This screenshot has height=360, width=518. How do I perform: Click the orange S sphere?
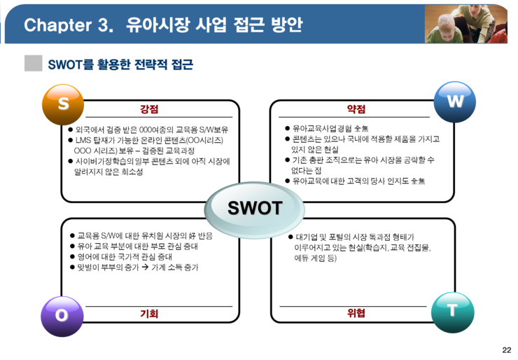63,104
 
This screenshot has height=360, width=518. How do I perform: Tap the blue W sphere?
454,102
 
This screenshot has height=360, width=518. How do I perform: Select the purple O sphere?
62,317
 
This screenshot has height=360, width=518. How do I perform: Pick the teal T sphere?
453,312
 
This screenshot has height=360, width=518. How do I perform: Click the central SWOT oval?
254,209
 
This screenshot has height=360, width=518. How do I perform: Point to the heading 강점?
149,109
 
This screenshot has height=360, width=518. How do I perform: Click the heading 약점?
356,109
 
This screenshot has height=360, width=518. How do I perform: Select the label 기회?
149,313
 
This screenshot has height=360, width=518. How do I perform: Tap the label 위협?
356,313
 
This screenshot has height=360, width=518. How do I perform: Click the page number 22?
506,350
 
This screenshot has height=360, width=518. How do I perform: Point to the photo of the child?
465,24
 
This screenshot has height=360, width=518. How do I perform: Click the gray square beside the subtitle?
34,63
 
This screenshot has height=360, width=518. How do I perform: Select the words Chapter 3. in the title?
69,25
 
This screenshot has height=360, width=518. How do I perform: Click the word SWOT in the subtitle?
64,64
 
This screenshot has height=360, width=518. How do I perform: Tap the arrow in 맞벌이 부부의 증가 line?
145,267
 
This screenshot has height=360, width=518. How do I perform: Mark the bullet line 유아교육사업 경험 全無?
327,128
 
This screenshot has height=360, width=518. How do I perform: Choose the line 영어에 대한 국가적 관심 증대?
121,257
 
